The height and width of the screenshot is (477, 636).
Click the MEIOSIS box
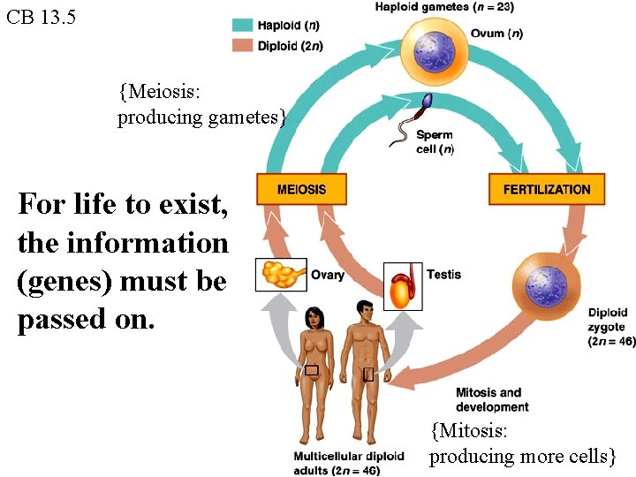[x=301, y=189]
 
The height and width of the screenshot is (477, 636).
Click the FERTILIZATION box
[x=546, y=189]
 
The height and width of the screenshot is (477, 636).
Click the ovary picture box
[x=281, y=275]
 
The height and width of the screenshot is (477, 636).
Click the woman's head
[x=314, y=314]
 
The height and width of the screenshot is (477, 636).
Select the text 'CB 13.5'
[x=41, y=17]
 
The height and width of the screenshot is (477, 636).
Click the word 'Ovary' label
[x=328, y=275]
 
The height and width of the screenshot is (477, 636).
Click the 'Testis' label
[x=443, y=275]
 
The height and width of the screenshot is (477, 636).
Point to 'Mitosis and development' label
[x=492, y=399]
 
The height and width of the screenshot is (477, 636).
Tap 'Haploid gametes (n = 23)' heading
[x=443, y=8]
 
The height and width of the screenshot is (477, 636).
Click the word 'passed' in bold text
[x=59, y=320]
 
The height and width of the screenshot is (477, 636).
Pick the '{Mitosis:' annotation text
[x=469, y=431]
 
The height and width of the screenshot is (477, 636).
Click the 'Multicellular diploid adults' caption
[x=348, y=463]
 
